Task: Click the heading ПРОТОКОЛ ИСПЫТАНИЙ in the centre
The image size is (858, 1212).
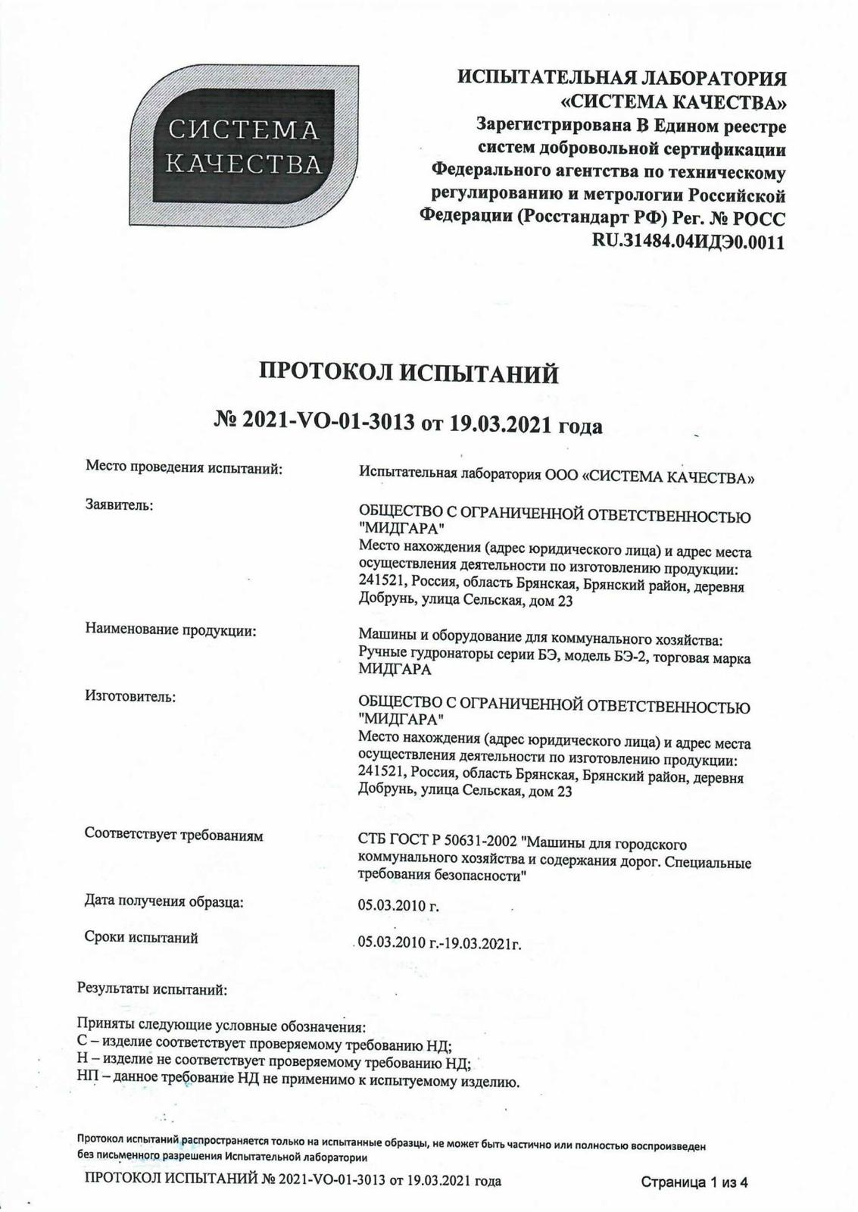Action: click(x=409, y=373)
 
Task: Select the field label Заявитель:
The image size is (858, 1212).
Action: click(x=119, y=504)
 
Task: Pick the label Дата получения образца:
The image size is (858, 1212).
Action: click(x=164, y=902)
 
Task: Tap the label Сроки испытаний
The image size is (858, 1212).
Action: click(x=141, y=938)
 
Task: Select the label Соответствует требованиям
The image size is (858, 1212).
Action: click(x=173, y=836)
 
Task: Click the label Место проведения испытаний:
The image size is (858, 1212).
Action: click(x=183, y=470)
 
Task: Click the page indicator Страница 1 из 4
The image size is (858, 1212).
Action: click(x=694, y=1182)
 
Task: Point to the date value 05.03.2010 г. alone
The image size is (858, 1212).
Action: click(x=398, y=904)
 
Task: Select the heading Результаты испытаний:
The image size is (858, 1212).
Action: click(x=151, y=989)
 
